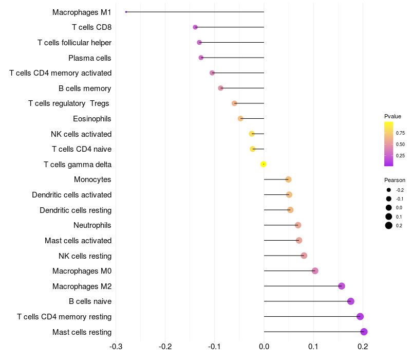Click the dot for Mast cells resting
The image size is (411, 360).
pos(364,332)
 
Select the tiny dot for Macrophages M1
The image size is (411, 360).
pos(126,12)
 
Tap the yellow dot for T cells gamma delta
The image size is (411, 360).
pos(264,164)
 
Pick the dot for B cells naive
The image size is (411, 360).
pos(351,301)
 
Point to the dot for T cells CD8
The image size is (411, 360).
pos(195,27)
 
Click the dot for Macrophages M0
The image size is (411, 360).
pos(315,271)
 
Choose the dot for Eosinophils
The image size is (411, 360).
pos(240,119)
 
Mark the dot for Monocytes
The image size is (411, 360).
pos(288,179)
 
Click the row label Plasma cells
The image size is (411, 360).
pos(90,58)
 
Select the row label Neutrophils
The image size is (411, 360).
pos(92,225)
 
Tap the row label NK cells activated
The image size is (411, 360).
pos(81,134)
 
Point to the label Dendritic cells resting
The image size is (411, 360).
pos(76,210)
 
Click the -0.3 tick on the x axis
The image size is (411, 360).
pos(116,347)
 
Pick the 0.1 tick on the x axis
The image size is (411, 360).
pos(313,347)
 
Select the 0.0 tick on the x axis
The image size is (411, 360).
pos(264,347)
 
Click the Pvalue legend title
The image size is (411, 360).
pos(393,116)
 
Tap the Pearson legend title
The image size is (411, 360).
pos(395,180)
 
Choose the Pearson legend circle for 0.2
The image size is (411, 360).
pos(389,225)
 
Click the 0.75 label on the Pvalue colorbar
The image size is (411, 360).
pos(400,133)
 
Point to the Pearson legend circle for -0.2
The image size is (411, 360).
pos(389,190)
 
